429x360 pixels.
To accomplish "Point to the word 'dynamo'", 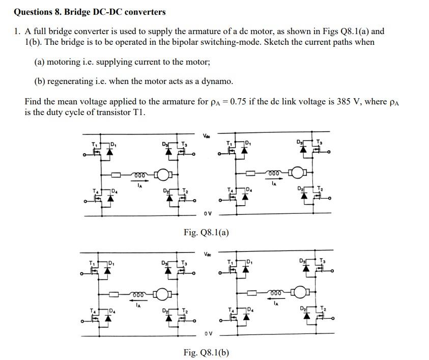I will [x=218, y=81].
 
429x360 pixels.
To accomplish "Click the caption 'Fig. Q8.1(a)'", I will [x=206, y=233].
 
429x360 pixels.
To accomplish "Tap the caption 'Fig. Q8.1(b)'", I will [x=206, y=352].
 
